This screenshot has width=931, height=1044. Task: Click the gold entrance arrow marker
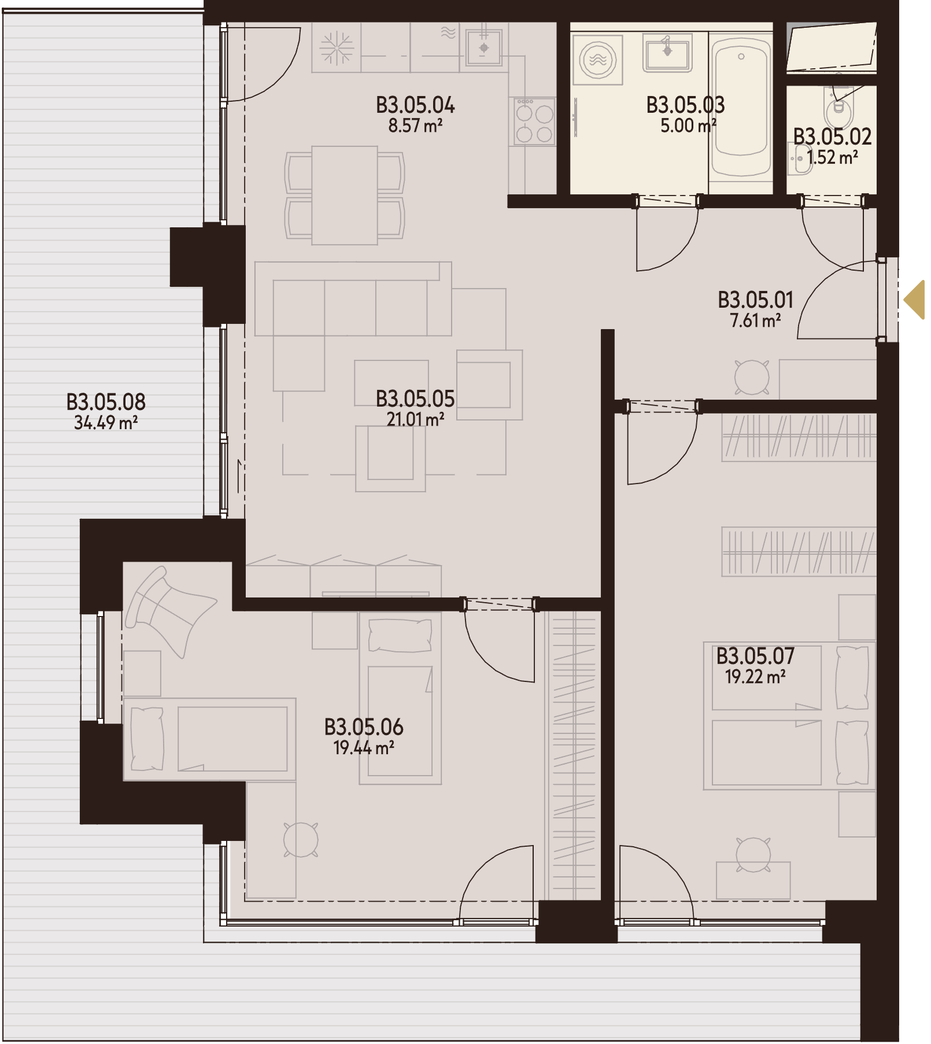(x=916, y=300)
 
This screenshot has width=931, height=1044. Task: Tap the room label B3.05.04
(x=415, y=105)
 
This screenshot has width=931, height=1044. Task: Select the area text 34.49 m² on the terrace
(x=106, y=423)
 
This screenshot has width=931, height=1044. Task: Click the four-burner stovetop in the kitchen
(x=534, y=121)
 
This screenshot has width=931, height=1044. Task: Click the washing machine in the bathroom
(x=597, y=60)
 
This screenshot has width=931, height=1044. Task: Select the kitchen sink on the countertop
(x=484, y=48)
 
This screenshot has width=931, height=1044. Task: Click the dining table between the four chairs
(x=345, y=195)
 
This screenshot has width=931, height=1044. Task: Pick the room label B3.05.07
(x=755, y=656)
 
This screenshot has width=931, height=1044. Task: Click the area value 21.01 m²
(x=415, y=419)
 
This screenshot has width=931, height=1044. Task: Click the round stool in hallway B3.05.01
(x=752, y=377)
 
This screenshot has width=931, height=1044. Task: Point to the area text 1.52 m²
(x=833, y=157)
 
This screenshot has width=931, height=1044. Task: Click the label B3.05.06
(x=364, y=727)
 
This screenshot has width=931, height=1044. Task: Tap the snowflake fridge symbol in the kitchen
(x=337, y=47)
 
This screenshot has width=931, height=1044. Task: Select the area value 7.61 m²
(x=755, y=320)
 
